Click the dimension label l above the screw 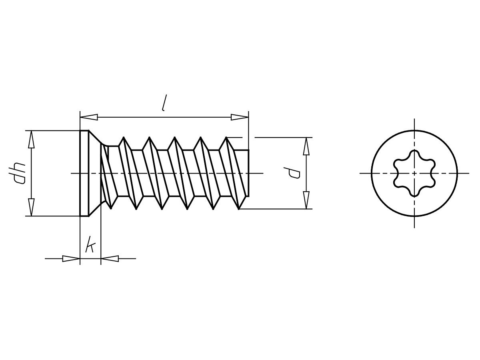164,103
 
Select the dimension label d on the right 295,173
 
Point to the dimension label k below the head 90,245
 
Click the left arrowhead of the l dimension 89,117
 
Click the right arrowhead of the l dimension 240,117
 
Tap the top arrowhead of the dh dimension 31,139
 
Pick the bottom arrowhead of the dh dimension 31,207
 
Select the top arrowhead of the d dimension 306,146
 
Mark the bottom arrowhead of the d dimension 306,200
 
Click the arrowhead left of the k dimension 71,258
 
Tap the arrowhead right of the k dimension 110,258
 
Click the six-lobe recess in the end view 414,173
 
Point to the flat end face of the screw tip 248,173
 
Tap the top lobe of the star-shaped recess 414,154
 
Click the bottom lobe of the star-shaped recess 414,193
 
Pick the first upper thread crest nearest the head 124,138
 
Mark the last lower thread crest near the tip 239,208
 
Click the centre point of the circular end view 414,173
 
